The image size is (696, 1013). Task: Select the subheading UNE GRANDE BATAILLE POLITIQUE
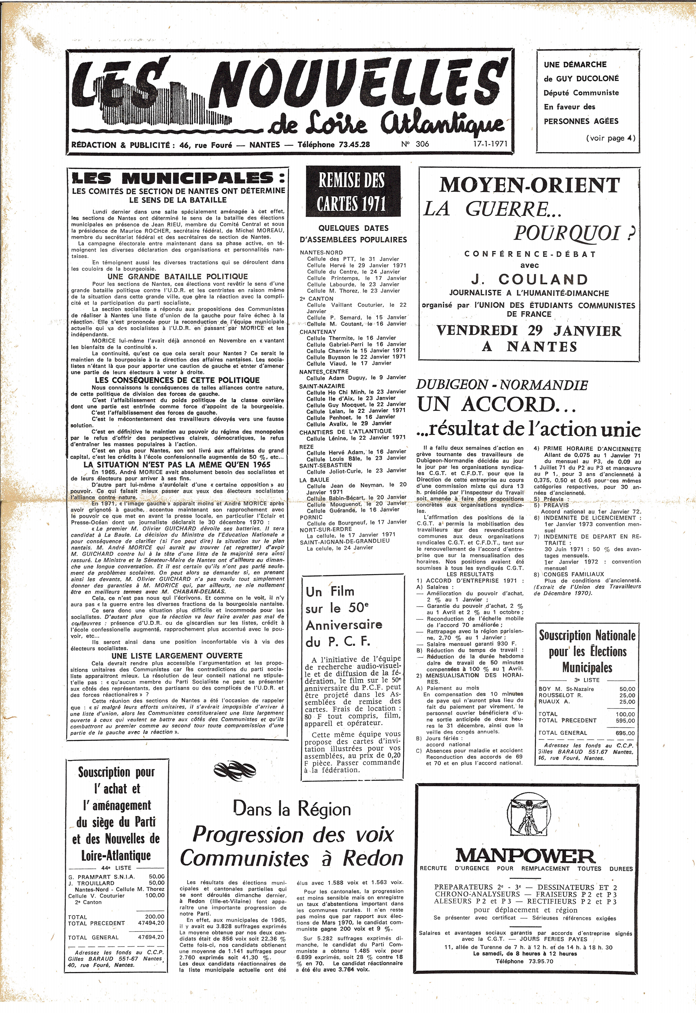177,277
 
